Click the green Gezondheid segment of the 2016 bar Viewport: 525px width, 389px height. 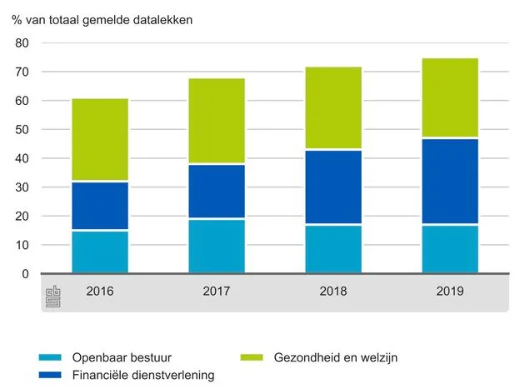click(x=100, y=139)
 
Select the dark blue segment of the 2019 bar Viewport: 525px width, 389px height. click(x=450, y=181)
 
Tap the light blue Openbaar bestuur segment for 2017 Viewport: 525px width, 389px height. click(x=217, y=247)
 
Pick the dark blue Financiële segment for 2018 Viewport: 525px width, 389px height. click(x=333, y=187)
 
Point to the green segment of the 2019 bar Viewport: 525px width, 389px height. click(x=450, y=97)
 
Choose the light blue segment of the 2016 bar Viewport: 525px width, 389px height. click(x=100, y=252)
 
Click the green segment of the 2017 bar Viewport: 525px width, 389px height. click(x=217, y=121)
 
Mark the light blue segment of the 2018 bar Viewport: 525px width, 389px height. click(x=333, y=249)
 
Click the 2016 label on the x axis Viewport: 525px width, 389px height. click(x=100, y=291)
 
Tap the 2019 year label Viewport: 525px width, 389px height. click(x=450, y=291)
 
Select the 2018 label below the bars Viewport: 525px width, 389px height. click(x=333, y=291)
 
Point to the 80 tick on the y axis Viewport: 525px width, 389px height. click(x=22, y=42)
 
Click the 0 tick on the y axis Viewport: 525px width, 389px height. click(x=26, y=274)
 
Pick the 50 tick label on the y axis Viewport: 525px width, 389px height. click(x=22, y=130)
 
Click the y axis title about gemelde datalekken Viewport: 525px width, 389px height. click(x=102, y=20)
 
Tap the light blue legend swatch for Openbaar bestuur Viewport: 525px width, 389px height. click(x=50, y=357)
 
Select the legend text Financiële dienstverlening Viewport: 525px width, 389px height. click(x=143, y=375)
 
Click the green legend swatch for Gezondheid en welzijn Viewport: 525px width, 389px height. click(x=252, y=357)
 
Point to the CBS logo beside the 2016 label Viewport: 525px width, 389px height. click(x=52, y=297)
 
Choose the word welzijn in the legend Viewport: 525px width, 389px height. click(x=379, y=357)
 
